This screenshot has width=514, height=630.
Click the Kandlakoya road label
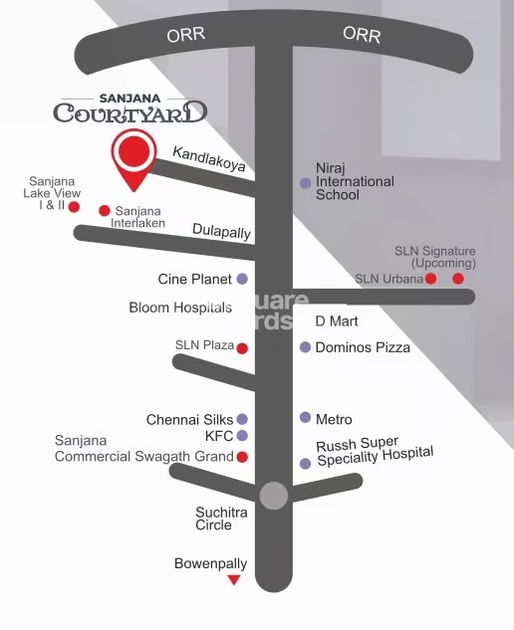coord(208,158)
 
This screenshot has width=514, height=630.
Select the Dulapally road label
coord(221,231)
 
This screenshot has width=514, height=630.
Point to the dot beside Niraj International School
coord(305,183)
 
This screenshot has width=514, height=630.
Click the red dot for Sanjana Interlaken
coord(105,211)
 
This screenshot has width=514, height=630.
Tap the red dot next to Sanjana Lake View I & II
coord(74,207)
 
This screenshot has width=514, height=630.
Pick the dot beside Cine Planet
coord(242,280)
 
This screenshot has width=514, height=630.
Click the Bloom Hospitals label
coord(180,308)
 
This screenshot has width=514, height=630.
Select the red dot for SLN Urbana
coord(431,279)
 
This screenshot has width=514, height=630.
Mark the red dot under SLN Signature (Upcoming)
coord(458,279)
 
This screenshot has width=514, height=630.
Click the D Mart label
coord(336,321)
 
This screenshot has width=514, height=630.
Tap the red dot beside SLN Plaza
coord(242,348)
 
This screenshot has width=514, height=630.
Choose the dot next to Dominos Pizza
coord(305,347)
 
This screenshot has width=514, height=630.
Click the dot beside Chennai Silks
coord(242,420)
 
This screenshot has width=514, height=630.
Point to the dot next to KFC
coord(242,436)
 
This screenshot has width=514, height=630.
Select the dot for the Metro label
coord(305,418)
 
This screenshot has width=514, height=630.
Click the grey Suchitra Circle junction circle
coord(274,495)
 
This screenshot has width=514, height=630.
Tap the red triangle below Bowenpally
coord(234,580)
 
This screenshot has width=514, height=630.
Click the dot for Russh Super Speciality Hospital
coord(305,464)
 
